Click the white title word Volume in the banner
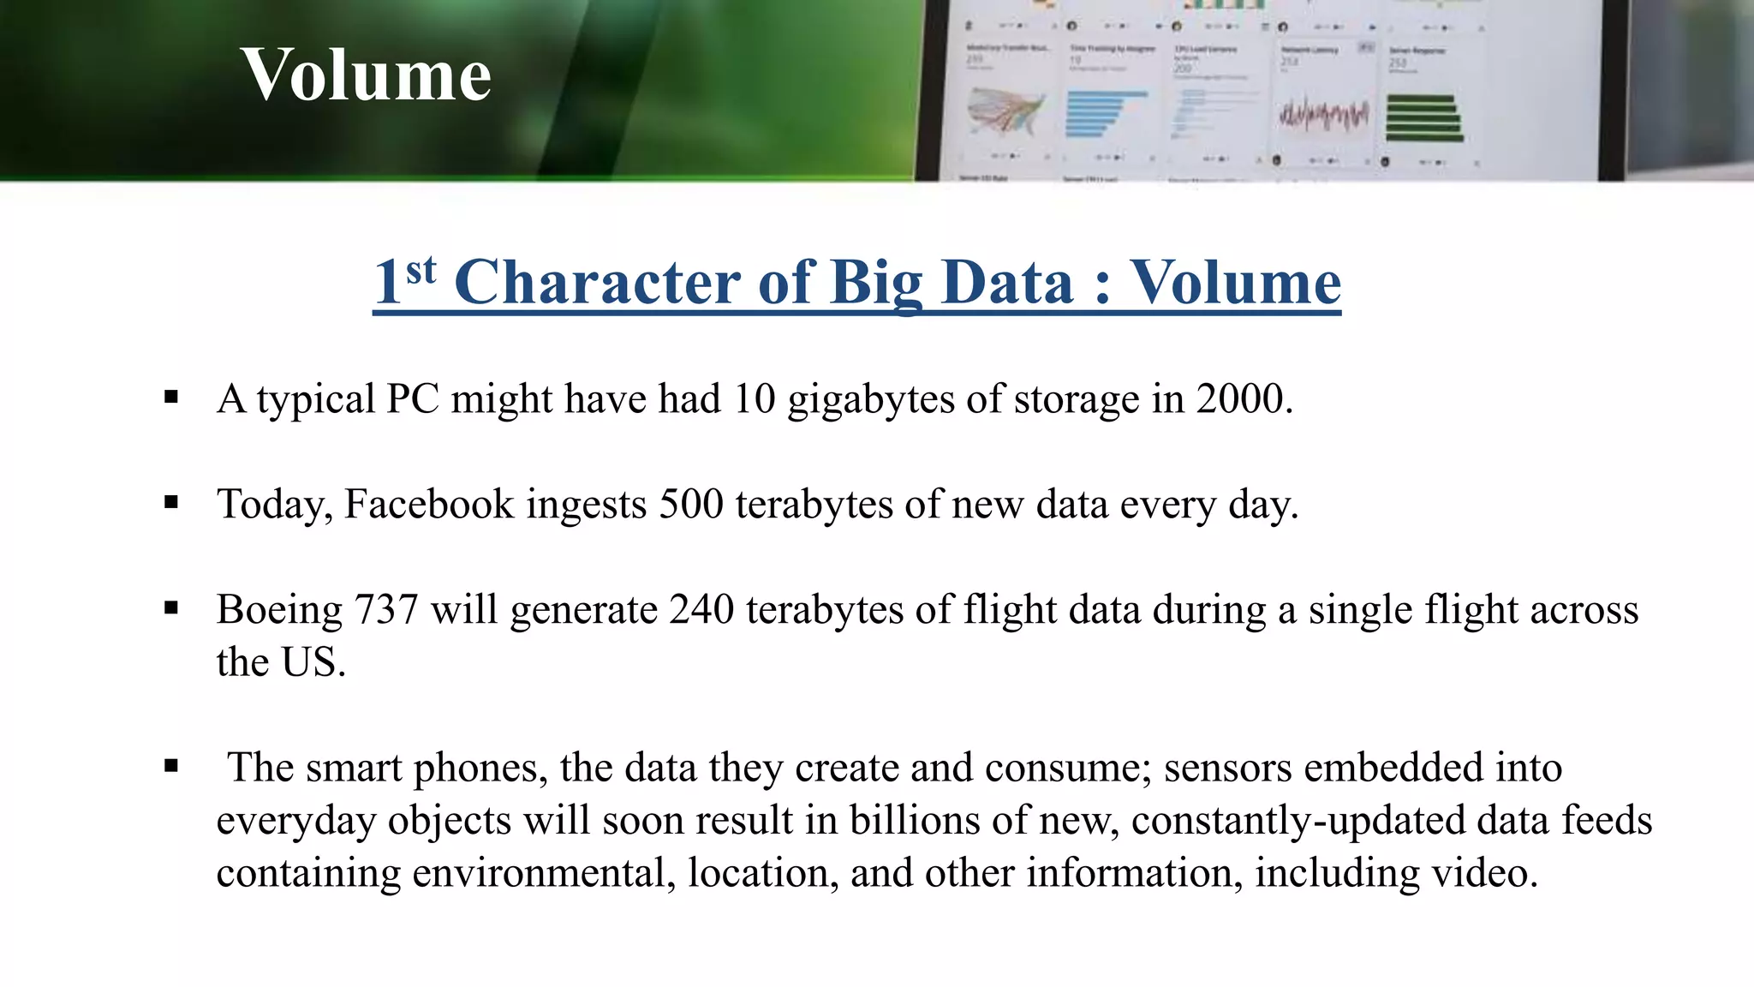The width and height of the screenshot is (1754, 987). (x=366, y=75)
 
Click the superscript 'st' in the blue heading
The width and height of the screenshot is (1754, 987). (x=421, y=271)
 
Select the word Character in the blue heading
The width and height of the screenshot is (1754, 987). (x=597, y=282)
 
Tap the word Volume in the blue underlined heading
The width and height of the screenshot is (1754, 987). (x=1235, y=282)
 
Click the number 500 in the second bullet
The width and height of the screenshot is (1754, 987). (x=691, y=504)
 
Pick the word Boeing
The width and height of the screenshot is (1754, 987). (x=280, y=610)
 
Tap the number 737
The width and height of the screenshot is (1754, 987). (x=385, y=610)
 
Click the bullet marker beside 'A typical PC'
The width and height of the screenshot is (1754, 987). (x=171, y=398)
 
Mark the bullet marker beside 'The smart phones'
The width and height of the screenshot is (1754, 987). (x=171, y=766)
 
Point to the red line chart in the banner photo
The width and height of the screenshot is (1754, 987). (x=1323, y=115)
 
